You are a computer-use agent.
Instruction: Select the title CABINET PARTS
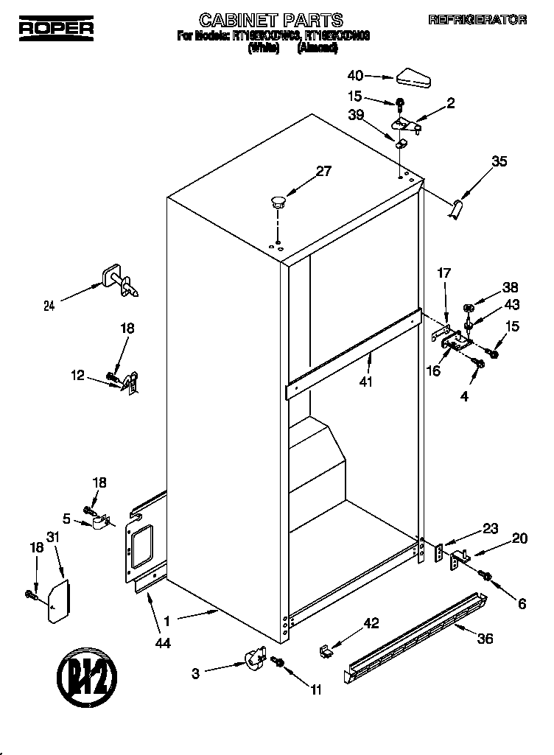pyautogui.click(x=261, y=20)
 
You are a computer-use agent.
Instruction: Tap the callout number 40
pyautogui.click(x=356, y=74)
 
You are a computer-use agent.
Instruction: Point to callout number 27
pyautogui.click(x=323, y=172)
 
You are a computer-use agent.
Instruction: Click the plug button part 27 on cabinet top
pyautogui.click(x=278, y=200)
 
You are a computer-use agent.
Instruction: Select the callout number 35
pyautogui.click(x=499, y=162)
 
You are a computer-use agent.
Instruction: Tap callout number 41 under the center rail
pyautogui.click(x=366, y=382)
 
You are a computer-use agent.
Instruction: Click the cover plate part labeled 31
pyautogui.click(x=58, y=601)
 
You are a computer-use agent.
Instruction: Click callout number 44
pyautogui.click(x=163, y=643)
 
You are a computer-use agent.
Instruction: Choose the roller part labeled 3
pyautogui.click(x=254, y=657)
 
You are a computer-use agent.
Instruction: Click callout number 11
pyautogui.click(x=317, y=690)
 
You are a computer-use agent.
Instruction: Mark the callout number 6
pyautogui.click(x=522, y=604)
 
